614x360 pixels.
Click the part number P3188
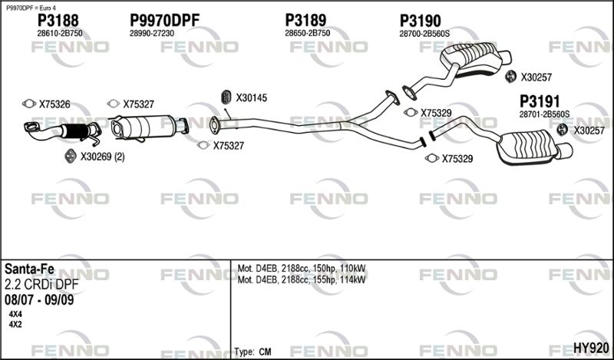(58, 21)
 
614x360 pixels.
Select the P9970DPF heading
(164, 21)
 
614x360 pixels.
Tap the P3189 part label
(305, 21)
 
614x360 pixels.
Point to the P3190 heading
(420, 21)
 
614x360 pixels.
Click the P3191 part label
(540, 101)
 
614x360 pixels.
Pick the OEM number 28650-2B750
(308, 33)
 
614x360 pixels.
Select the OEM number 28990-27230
(152, 33)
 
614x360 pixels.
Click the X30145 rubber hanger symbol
(226, 97)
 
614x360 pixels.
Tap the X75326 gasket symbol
(29, 104)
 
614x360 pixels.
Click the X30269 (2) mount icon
(70, 157)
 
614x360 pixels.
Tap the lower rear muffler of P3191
(530, 147)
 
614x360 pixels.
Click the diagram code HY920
(591, 348)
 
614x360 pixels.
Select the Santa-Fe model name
(29, 269)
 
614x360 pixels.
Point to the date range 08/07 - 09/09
(39, 300)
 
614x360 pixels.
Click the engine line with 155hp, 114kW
(302, 279)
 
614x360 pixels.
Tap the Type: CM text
(253, 352)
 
